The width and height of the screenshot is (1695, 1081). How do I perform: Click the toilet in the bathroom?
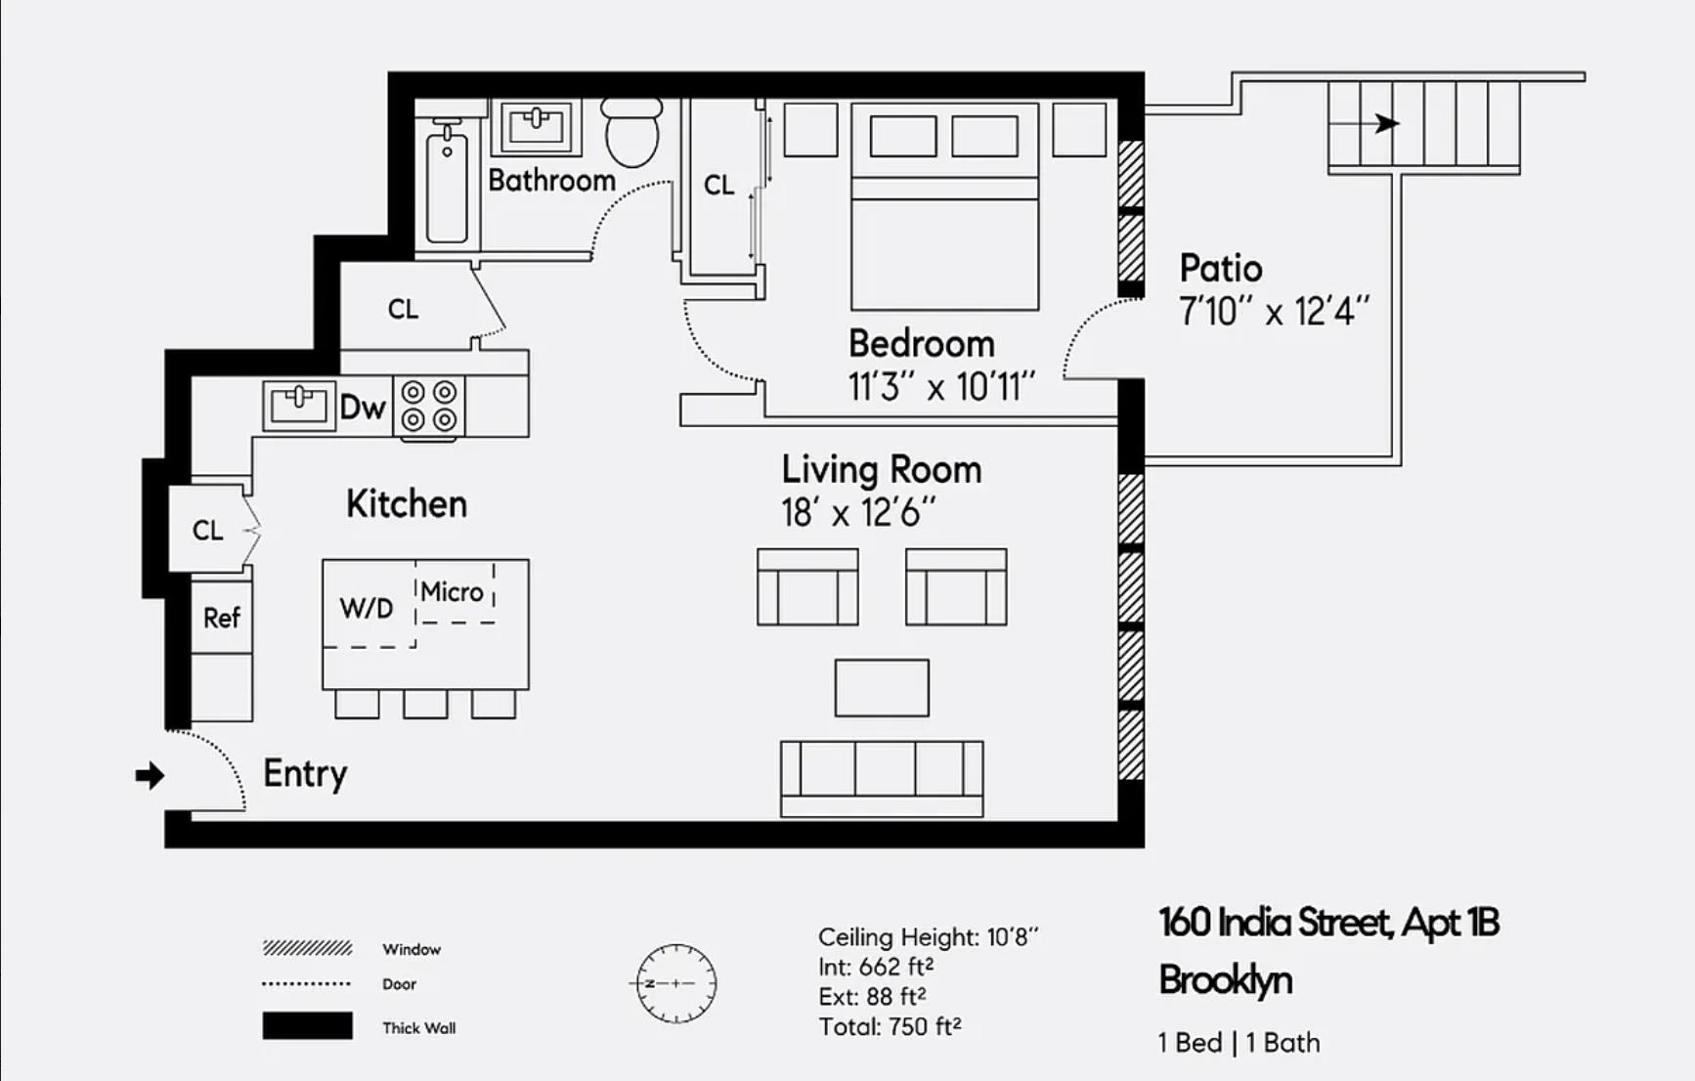click(x=631, y=134)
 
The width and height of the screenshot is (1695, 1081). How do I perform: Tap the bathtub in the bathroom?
click(x=447, y=186)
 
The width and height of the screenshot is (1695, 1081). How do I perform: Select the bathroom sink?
click(x=536, y=126)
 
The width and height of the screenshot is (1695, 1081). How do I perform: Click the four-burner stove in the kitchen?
click(x=429, y=406)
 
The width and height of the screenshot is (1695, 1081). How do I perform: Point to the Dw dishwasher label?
click(x=363, y=407)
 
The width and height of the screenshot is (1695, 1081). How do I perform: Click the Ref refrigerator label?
click(x=222, y=618)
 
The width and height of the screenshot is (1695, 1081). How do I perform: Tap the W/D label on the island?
click(x=367, y=608)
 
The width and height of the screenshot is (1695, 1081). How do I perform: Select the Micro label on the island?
click(x=452, y=592)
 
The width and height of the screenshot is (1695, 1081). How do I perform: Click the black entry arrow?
click(x=150, y=776)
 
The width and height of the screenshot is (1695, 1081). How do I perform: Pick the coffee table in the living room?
click(x=882, y=688)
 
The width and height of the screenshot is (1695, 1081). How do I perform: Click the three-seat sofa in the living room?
click(x=882, y=777)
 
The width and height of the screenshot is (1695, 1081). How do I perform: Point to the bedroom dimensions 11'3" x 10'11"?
click(x=940, y=387)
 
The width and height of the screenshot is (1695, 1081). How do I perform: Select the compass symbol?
click(x=675, y=983)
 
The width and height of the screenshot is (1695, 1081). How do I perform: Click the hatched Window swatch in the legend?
click(x=307, y=948)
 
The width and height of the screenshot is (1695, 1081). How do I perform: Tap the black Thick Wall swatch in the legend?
click(x=307, y=1026)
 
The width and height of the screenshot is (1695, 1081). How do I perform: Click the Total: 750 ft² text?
click(x=890, y=1027)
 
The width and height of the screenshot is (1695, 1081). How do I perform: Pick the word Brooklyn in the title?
click(x=1225, y=980)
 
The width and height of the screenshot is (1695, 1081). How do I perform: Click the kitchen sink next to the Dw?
click(x=298, y=405)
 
